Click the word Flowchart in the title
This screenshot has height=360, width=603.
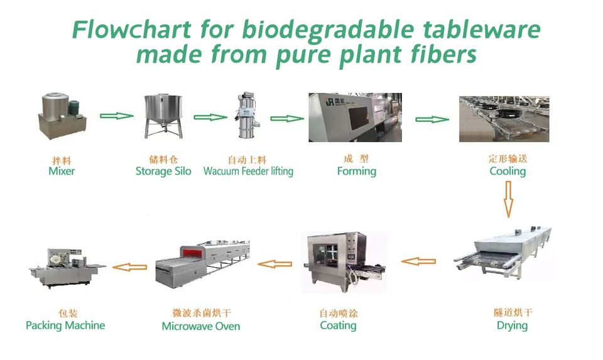pos(131,30)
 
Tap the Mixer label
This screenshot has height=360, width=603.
pos(62,171)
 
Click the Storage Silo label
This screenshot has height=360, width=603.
pos(163,171)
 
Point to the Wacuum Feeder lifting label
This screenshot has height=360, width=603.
pos(248,171)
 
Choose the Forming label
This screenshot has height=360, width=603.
pos(357,172)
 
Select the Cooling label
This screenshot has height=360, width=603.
pos(508,172)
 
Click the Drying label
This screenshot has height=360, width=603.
pos(512,326)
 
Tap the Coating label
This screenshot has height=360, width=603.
pos(338,326)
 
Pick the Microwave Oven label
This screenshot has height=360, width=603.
pos(201,326)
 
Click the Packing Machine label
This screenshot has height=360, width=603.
pos(65,326)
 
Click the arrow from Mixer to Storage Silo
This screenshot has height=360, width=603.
pos(117,116)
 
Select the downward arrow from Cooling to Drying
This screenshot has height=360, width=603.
pos(508,199)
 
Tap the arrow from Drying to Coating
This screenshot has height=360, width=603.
pos(418,261)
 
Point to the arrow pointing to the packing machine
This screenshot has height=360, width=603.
pos(129,267)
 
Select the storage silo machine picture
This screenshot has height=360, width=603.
pos(163,116)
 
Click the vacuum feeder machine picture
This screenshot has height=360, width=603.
pos(247,115)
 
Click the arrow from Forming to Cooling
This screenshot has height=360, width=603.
pos(432,119)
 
